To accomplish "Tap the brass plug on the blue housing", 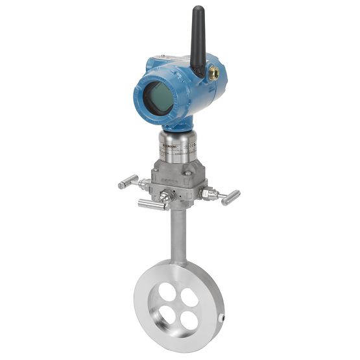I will [212, 73].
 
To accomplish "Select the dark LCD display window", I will [158, 97].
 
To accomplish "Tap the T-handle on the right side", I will [230, 197].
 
